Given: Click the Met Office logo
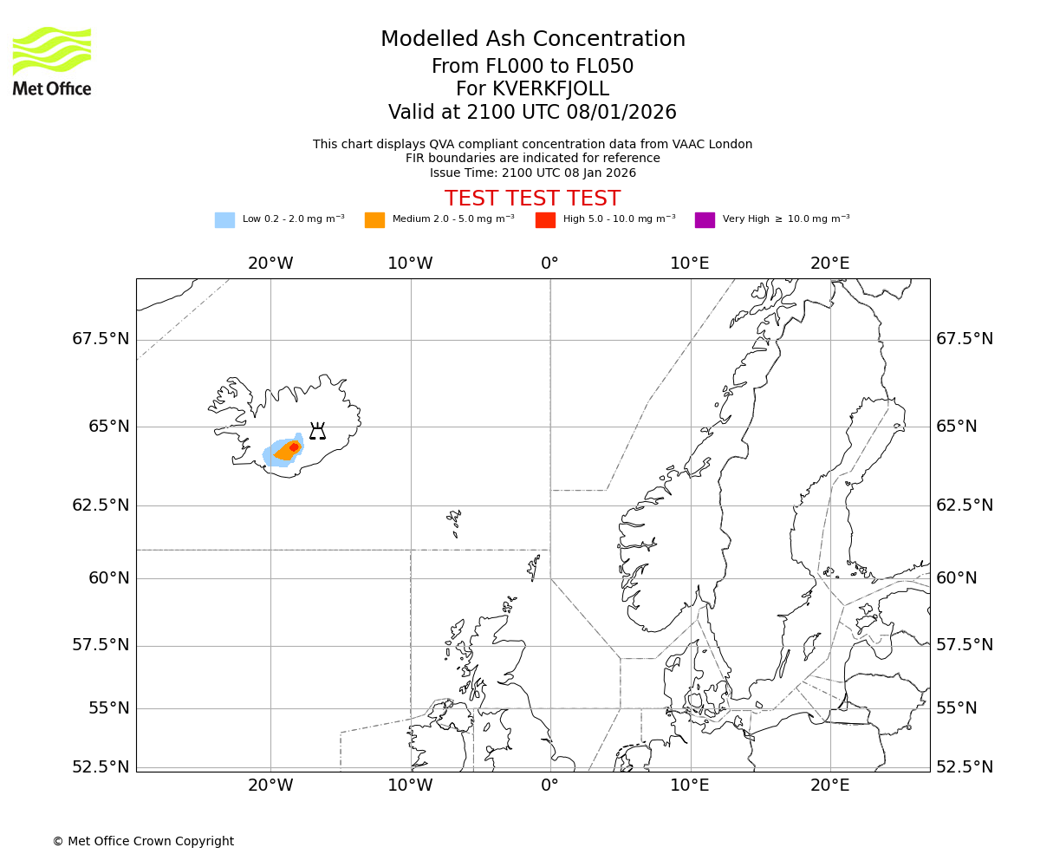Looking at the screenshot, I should click(52, 61).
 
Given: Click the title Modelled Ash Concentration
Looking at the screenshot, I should click(533, 40).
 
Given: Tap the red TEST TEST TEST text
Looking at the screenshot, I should click(532, 199).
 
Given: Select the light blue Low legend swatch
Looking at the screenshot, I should click(224, 220).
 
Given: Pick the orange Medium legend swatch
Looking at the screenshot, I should click(374, 220).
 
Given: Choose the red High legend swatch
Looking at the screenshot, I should click(545, 220).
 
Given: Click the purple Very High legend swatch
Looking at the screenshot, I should click(705, 220).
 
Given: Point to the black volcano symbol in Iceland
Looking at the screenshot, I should click(317, 431).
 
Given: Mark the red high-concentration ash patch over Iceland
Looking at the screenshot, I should click(294, 447).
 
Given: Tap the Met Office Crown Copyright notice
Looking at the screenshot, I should click(143, 841).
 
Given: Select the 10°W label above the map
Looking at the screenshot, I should click(410, 263).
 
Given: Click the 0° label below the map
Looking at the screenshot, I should click(549, 786).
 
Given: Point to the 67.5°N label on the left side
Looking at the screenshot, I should click(101, 339).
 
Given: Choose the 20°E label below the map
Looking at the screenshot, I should click(829, 786).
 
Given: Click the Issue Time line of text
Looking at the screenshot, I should click(532, 173).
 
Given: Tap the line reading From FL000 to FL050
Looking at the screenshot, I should click(532, 67).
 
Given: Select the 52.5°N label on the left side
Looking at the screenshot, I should click(101, 767).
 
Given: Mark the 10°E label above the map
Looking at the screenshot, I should click(690, 263).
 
